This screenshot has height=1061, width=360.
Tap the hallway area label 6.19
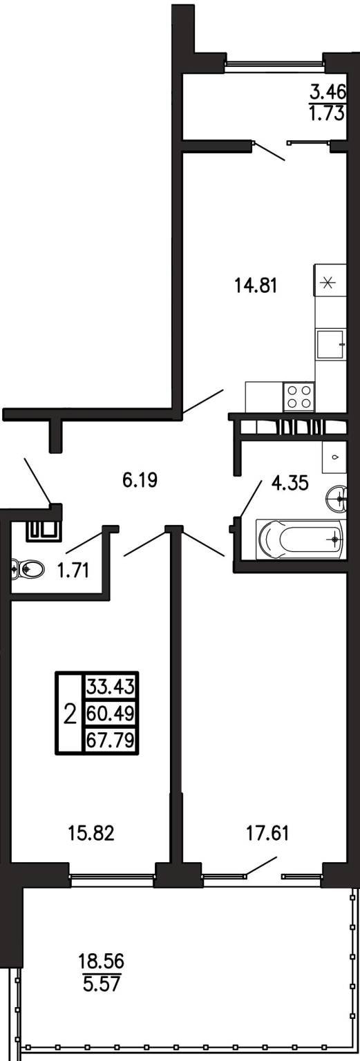[x=140, y=480]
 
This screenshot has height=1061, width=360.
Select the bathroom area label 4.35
[x=290, y=484]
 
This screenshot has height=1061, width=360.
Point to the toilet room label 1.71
[x=73, y=571]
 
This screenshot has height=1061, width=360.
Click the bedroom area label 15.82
[x=91, y=833]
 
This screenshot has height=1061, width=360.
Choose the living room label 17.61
[x=267, y=833]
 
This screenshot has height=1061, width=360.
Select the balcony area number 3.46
[x=328, y=90]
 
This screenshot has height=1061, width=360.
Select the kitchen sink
[x=331, y=345]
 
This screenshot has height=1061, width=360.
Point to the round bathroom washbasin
[x=337, y=497]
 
